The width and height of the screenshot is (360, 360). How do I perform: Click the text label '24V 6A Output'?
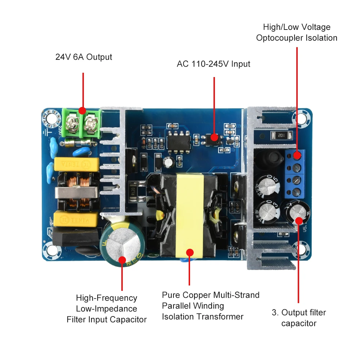[84, 57]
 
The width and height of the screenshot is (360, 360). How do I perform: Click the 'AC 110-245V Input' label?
[213, 64]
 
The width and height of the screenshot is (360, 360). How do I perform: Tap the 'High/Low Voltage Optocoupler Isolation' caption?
[297, 32]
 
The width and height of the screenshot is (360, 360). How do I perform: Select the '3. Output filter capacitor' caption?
[298, 318]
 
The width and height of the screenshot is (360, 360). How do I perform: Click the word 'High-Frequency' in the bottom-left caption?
[107, 298]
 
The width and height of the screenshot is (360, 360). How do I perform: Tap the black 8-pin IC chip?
[179, 141]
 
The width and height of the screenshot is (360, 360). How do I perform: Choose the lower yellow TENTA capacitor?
[76, 218]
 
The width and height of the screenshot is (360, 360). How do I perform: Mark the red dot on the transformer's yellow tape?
[190, 253]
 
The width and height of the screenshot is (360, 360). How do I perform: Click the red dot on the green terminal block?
[82, 111]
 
